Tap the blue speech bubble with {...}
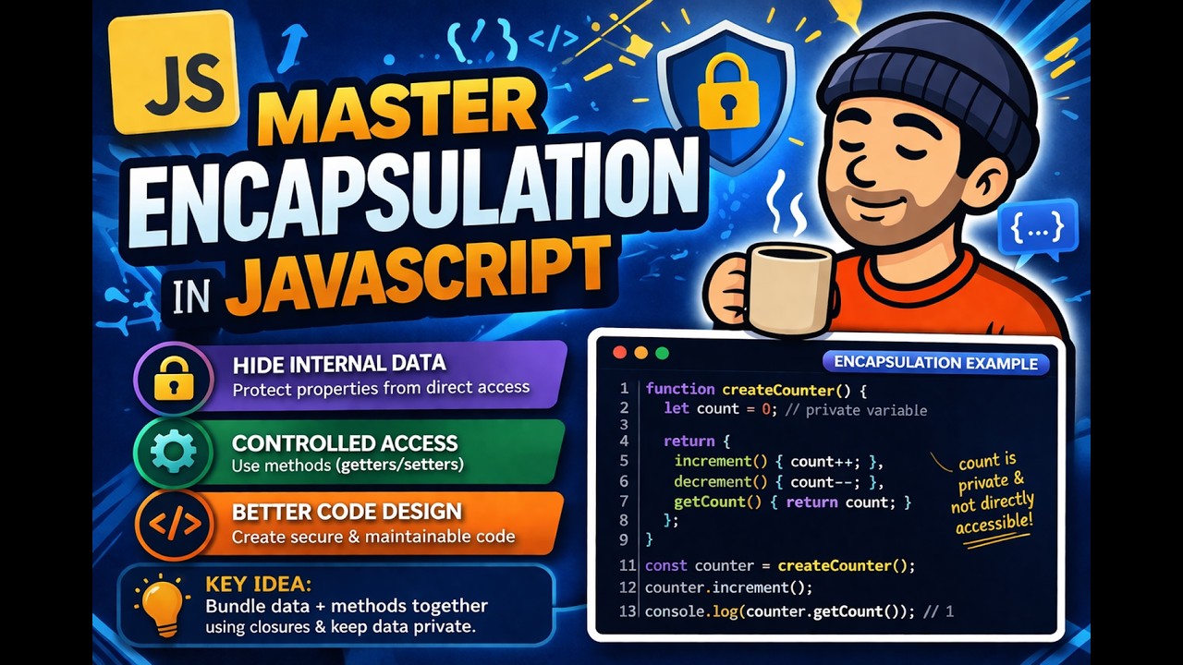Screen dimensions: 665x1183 coord(1038,227)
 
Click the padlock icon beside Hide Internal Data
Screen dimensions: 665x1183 coord(174,378)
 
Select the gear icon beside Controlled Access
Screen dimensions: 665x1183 coord(174,453)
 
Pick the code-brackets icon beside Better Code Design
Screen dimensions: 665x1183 coord(174,525)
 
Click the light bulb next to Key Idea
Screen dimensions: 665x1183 coord(162,606)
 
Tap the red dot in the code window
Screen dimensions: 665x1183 coord(618,353)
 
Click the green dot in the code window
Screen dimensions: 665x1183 coord(661,353)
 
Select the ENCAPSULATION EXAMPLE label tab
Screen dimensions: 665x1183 coord(935,363)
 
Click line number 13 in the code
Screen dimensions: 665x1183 coord(628,611)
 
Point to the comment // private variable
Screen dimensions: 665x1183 coord(856,409)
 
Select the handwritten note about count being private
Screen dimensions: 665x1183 coord(992,494)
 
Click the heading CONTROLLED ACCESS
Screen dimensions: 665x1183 coord(345,443)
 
